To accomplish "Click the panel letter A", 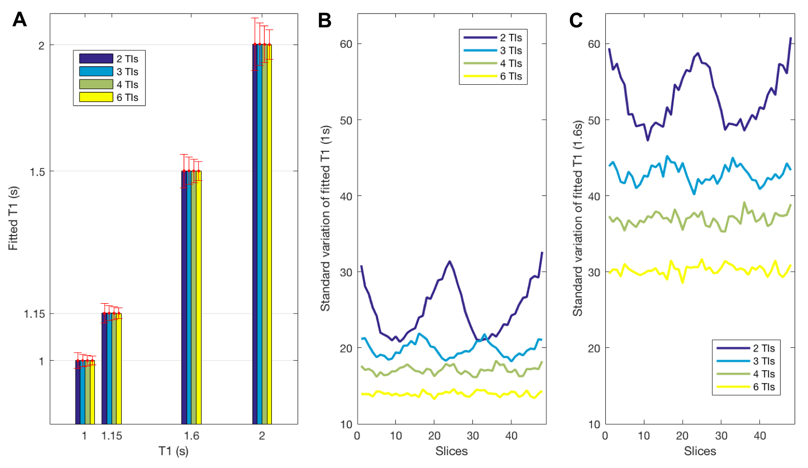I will (x=19, y=20).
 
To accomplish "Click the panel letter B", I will (x=324, y=20).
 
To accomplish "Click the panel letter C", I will (x=576, y=20).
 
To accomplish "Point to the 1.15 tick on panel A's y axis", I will (x=34, y=313).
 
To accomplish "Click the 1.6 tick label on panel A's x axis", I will (x=191, y=436).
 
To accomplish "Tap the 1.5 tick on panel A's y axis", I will (x=37, y=172).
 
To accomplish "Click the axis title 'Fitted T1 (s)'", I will (x=13, y=218).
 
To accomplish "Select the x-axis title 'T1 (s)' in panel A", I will (x=173, y=451).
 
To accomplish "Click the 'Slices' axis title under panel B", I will (x=451, y=451).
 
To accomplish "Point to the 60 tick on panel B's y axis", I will (x=346, y=44).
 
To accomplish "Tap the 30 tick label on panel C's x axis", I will (x=721, y=436).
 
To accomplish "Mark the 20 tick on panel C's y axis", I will (x=594, y=348).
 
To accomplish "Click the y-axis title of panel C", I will (x=577, y=218).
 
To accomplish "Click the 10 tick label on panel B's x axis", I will (x=396, y=436).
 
